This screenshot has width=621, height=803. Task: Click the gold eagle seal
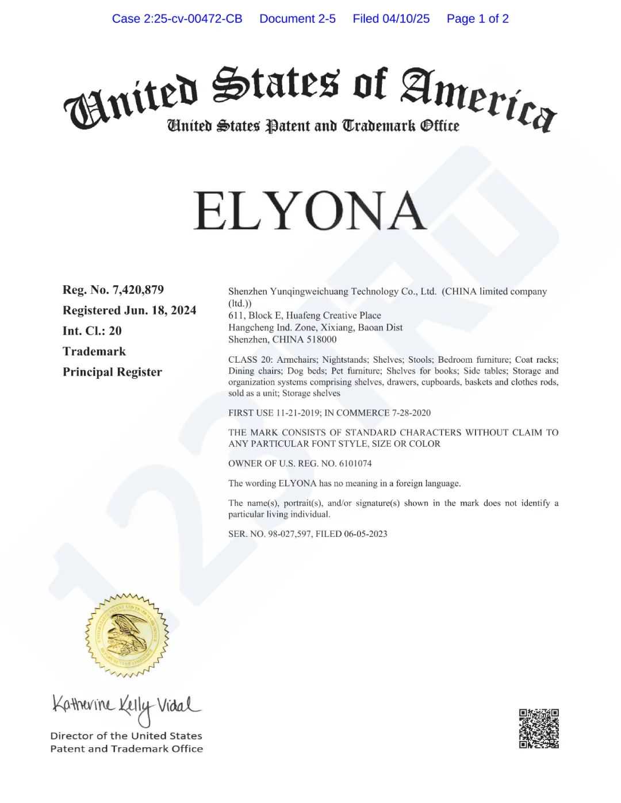[126, 635]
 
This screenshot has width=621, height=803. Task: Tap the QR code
[539, 728]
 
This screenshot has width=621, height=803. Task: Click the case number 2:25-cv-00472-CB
[177, 19]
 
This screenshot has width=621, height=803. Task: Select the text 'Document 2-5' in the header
[297, 19]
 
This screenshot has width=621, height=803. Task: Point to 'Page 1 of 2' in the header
[477, 19]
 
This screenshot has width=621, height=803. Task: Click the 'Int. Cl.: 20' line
[92, 331]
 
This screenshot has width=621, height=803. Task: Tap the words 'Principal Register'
[112, 372]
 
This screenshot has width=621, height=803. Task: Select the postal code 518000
[322, 340]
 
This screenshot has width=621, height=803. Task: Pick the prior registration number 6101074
[355, 463]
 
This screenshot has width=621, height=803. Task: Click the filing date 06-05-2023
[365, 534]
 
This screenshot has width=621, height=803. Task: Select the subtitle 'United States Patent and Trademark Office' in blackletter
[313, 125]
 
